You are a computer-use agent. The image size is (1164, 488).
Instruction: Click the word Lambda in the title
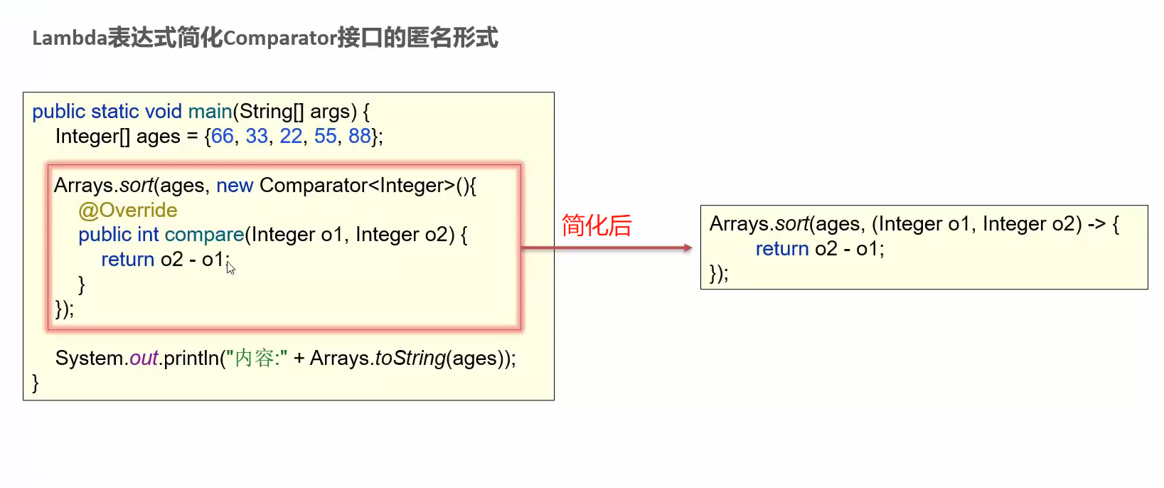pos(70,38)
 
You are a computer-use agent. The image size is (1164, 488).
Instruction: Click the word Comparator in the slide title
pos(279,38)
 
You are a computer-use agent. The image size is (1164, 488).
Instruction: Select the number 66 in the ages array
pos(222,136)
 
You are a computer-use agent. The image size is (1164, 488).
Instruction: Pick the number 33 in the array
pos(257,136)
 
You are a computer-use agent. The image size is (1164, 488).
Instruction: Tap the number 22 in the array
pos(291,136)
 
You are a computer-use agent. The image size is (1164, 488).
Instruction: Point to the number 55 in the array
pos(325,136)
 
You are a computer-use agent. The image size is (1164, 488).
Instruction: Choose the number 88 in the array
pos(359,136)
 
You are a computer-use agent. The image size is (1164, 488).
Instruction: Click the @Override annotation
pos(128,211)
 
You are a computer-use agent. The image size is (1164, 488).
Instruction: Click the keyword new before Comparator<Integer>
pos(235,186)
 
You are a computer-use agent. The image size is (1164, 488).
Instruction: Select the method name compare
pos(204,235)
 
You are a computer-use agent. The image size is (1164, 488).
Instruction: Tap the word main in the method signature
pos(210,112)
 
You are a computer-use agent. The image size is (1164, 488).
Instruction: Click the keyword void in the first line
pos(164,112)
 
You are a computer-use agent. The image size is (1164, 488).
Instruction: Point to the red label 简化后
pos(597,226)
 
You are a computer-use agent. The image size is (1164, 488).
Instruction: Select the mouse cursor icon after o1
pos(230,267)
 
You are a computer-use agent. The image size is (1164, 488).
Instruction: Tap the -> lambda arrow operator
pos(1096,224)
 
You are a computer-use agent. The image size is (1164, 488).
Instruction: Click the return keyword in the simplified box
pos(782,249)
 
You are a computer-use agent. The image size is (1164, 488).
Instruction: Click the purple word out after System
pos(144,358)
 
